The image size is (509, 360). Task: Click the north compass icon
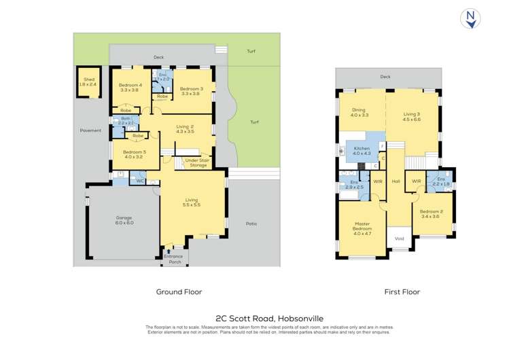[x=470, y=18]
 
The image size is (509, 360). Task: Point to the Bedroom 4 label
[x=129, y=87]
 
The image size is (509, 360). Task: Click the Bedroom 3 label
[x=191, y=91]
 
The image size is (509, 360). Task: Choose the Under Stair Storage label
[x=196, y=162]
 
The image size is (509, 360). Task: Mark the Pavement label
[x=90, y=130]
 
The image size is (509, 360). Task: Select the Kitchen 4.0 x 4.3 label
[x=362, y=150]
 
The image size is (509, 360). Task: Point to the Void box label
[x=400, y=238]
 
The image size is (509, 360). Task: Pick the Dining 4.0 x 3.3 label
[x=359, y=113]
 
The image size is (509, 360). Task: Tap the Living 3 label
[x=412, y=116]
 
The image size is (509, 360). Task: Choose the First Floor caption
[x=402, y=291]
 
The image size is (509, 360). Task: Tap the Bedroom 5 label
[x=133, y=155]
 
